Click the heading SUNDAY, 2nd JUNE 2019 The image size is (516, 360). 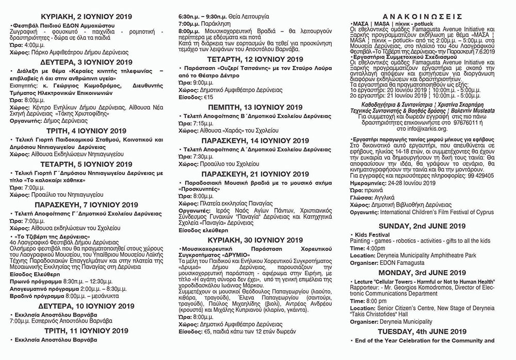(423, 226)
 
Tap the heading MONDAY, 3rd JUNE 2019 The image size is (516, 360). (423, 272)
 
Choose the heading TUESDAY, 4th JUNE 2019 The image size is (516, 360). (423, 332)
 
